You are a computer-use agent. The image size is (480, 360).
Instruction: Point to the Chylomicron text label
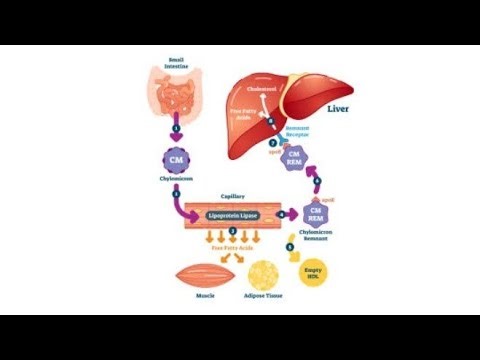176,181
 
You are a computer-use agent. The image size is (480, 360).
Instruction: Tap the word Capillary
233,197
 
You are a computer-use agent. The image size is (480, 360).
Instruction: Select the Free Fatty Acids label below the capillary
232,246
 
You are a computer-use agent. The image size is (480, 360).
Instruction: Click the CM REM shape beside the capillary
315,213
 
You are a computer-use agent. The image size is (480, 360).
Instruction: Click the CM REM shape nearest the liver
294,157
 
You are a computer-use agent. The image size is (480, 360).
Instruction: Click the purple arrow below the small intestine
176,129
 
